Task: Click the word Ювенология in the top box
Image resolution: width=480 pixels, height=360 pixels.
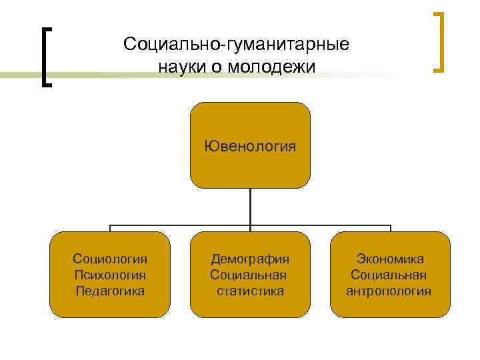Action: tap(250, 145)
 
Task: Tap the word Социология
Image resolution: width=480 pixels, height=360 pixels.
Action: tap(110, 259)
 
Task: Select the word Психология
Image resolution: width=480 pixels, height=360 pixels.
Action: tap(110, 275)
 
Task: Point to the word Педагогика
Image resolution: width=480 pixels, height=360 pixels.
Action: tap(110, 291)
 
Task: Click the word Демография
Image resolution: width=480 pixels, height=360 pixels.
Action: tap(250, 259)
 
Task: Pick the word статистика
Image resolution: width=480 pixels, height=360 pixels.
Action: tap(250, 291)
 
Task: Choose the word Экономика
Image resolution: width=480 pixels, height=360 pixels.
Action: tap(390, 259)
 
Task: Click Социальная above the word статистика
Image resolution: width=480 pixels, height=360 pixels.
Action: tap(248, 275)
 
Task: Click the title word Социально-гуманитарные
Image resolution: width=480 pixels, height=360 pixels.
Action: tap(236, 45)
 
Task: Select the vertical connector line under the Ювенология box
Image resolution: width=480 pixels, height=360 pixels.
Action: tap(250, 207)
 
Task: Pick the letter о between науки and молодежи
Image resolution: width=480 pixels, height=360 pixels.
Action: tap(219, 67)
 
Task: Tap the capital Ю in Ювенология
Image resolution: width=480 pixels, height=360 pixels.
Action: tap(210, 145)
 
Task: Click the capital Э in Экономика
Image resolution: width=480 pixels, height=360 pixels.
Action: tap(361, 259)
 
